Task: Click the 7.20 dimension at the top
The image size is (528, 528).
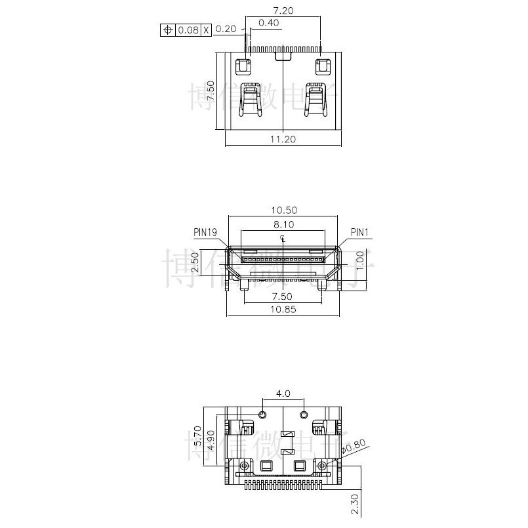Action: click(x=282, y=11)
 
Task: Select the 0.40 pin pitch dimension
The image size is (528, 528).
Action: click(x=269, y=23)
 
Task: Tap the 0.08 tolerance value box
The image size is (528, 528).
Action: click(x=188, y=30)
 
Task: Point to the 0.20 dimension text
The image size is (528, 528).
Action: click(x=226, y=29)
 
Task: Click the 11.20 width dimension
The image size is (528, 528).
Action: click(x=283, y=139)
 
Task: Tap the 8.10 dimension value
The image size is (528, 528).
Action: click(x=282, y=224)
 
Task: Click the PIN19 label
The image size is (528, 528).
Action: click(x=205, y=232)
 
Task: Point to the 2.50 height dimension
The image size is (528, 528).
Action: click(x=194, y=264)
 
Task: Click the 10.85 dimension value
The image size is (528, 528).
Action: click(x=282, y=309)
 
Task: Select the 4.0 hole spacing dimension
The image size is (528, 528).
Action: click(x=283, y=394)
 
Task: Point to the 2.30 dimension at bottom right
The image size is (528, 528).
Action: click(x=355, y=503)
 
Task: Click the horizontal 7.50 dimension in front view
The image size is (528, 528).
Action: click(x=282, y=296)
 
